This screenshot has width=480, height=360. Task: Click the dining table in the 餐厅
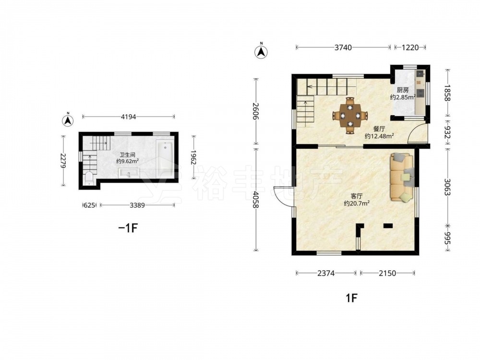[x=350, y=116]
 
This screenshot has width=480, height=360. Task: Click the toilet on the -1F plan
[x=89, y=179]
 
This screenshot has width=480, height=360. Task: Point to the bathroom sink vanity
[x=129, y=173]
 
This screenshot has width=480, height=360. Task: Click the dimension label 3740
[x=343, y=48]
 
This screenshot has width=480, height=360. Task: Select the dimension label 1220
[x=410, y=48]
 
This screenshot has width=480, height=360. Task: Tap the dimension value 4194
[x=128, y=117]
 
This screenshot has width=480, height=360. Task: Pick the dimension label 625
[x=89, y=205]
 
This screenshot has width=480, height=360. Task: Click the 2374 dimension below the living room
[x=326, y=273]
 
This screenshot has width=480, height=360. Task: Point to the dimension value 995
[x=447, y=238]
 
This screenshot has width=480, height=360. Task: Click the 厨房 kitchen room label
[x=403, y=90]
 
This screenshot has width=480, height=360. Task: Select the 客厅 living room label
[x=356, y=196]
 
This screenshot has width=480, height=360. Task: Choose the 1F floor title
[x=351, y=298]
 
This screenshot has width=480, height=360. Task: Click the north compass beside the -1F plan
[x=68, y=120]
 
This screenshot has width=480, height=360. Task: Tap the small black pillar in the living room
[x=388, y=226]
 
